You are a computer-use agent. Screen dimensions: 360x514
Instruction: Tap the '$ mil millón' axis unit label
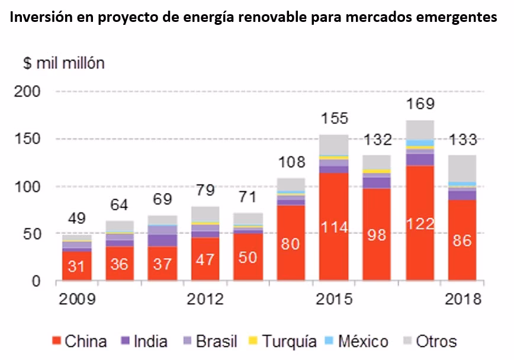coord(64,63)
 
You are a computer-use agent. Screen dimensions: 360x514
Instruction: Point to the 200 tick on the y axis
coord(27,92)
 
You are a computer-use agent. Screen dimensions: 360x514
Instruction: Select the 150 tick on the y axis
coord(27,139)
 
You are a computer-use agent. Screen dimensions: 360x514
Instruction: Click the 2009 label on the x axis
coord(76,298)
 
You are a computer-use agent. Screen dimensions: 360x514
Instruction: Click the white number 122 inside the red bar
coord(420,224)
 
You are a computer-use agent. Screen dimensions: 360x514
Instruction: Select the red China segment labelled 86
coord(462,240)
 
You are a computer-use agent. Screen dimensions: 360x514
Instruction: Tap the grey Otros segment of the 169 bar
coord(420,129)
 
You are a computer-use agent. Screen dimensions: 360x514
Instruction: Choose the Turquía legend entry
coord(282,342)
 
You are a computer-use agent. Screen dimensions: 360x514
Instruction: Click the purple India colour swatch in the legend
coord(124,342)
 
